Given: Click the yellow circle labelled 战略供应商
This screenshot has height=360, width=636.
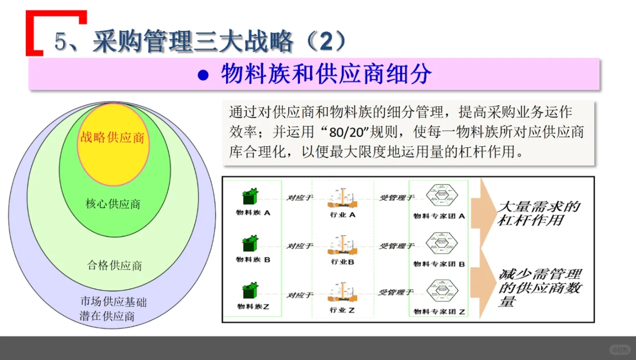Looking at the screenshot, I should tap(113, 144).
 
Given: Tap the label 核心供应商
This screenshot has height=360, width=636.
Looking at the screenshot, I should tap(113, 204).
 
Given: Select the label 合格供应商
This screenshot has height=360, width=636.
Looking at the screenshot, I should tap(114, 266).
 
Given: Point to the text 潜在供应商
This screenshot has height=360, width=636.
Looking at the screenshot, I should tap(107, 316).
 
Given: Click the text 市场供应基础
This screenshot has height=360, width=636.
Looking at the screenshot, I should tap(113, 302).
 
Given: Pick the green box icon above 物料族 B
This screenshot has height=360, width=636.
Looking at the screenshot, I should tap(250, 244).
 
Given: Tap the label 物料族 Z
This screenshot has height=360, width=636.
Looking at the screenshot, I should tap(253, 307).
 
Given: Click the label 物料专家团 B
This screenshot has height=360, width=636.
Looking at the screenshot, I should tap(439, 264).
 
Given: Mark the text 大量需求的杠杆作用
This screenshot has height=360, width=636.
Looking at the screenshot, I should tap(539, 213).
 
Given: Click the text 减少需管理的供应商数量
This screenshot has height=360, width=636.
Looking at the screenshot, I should tap(540, 287).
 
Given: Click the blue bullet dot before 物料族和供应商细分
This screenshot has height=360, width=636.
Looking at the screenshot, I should tap(202, 76).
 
